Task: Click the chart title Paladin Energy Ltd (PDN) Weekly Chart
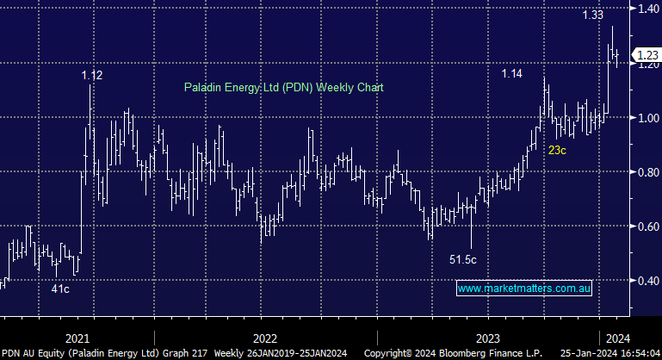pyautogui.click(x=283, y=88)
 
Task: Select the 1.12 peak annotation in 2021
pyautogui.click(x=92, y=76)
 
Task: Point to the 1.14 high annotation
pyautogui.click(x=512, y=74)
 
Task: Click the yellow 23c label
pyautogui.click(x=557, y=151)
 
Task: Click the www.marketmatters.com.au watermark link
pyautogui.click(x=523, y=289)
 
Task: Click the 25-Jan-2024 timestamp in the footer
pyautogui.click(x=593, y=353)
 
